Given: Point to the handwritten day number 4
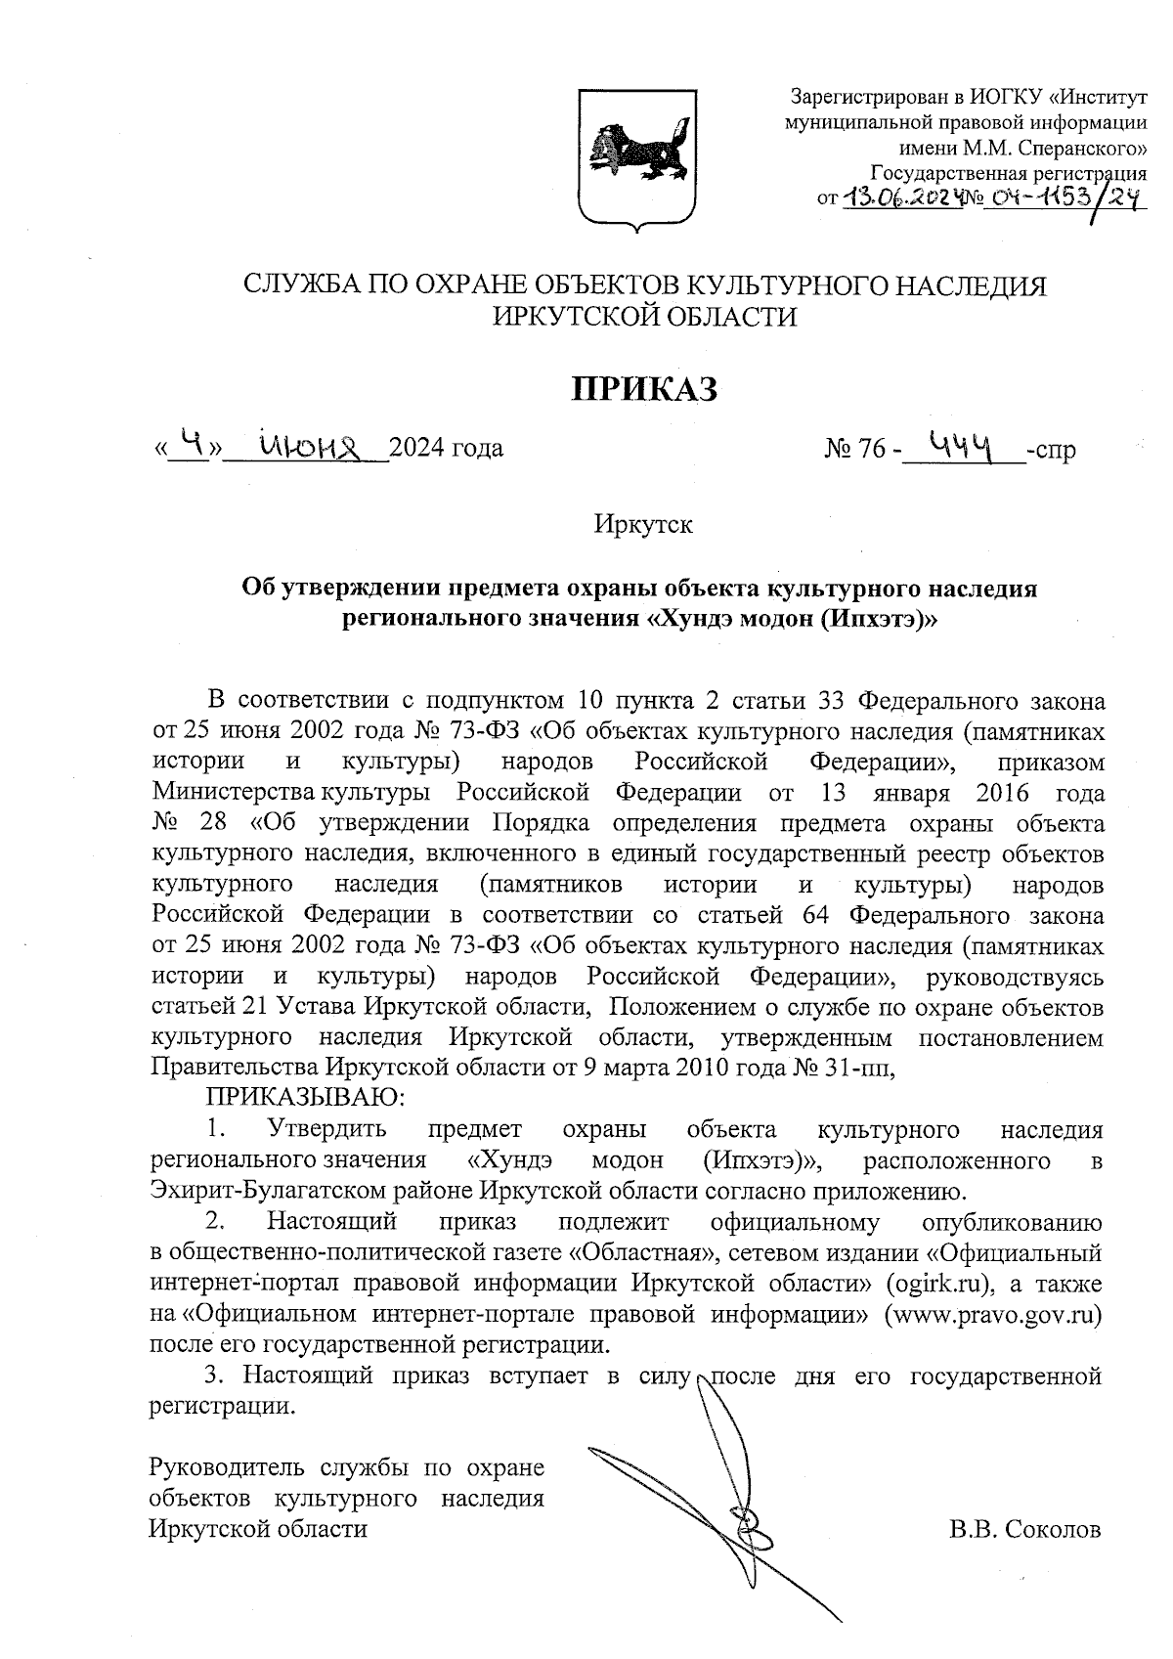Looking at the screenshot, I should [x=196, y=445].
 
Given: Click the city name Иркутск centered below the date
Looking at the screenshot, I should [x=643, y=524].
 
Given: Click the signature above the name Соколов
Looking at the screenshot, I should [x=723, y=1486].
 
